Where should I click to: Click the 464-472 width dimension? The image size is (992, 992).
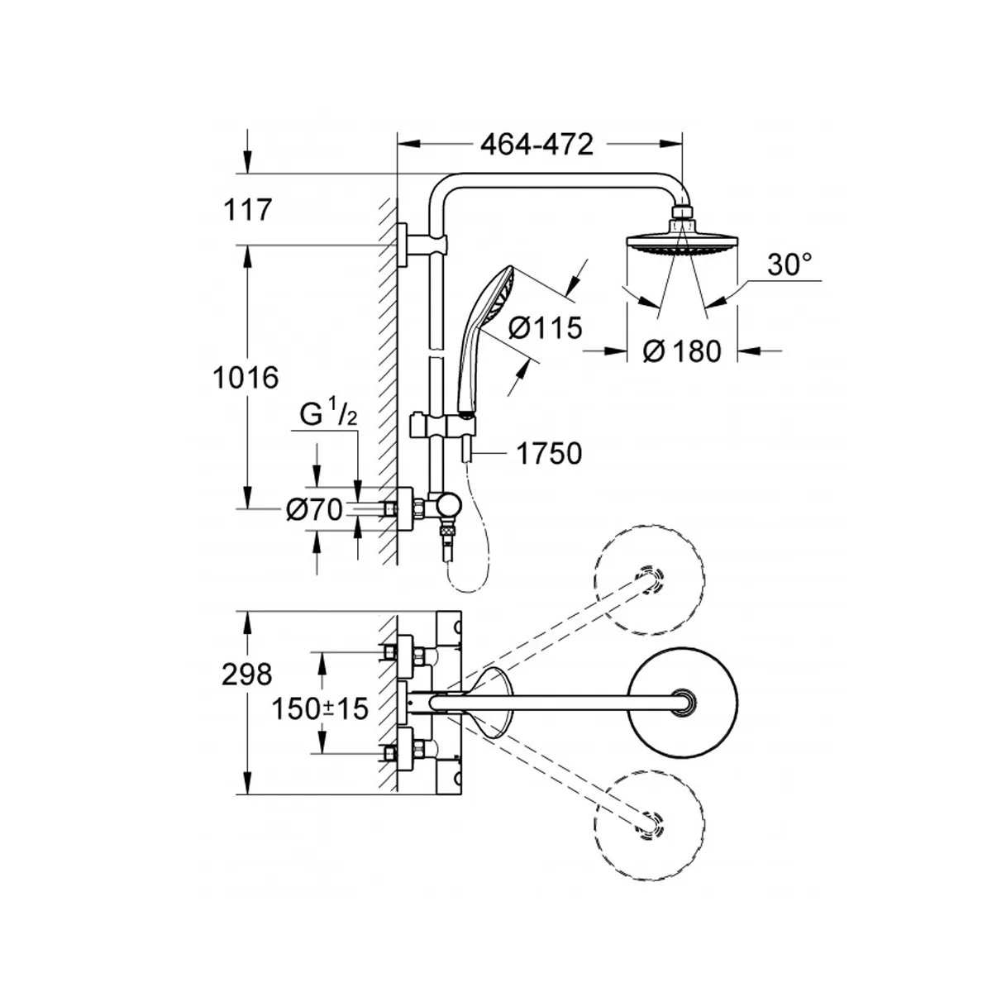pyautogui.click(x=537, y=145)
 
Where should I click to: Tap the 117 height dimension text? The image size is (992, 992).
pyautogui.click(x=248, y=210)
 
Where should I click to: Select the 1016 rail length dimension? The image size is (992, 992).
pyautogui.click(x=246, y=378)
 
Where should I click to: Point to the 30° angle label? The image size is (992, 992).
pyautogui.click(x=789, y=265)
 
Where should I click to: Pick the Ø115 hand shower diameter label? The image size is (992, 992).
pyautogui.click(x=545, y=327)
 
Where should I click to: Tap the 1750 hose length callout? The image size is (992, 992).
pyautogui.click(x=549, y=454)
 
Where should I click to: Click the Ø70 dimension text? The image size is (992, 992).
pyautogui.click(x=314, y=510)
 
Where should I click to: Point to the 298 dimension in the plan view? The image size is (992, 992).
pyautogui.click(x=246, y=675)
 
